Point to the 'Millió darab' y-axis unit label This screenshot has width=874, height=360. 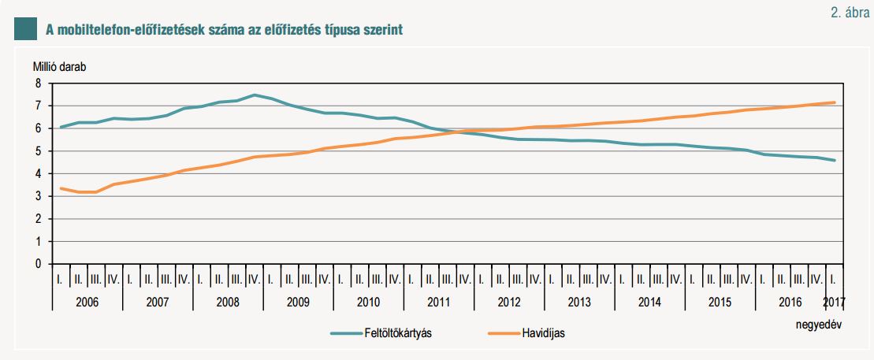click(59, 65)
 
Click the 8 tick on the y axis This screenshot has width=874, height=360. click(38, 83)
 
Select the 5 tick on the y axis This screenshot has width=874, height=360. click(38, 151)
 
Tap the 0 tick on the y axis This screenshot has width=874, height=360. click(38, 264)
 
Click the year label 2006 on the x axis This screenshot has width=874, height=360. click(87, 302)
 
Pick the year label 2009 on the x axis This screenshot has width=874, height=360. click(298, 302)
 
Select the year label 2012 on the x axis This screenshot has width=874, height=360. click(509, 302)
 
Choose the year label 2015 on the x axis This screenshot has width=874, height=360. click(720, 302)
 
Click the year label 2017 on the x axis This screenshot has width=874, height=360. click(834, 302)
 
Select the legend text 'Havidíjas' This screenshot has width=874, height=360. click(543, 333)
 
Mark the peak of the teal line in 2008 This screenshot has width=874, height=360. click(254, 95)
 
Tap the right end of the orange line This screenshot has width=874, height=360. click(835, 102)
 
